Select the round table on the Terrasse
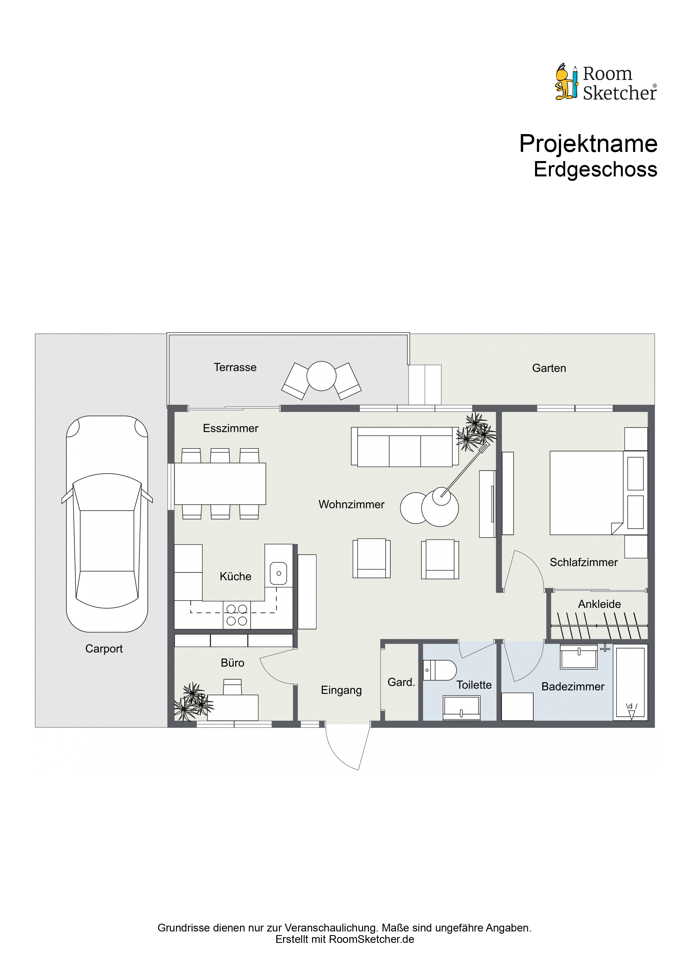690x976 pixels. pyautogui.click(x=321, y=376)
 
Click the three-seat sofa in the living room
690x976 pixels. pyautogui.click(x=405, y=447)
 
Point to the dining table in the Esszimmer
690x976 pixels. pyautogui.click(x=220, y=484)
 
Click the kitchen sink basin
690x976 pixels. pyautogui.click(x=279, y=573)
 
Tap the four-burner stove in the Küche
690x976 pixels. pyautogui.click(x=237, y=615)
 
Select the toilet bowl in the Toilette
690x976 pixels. pyautogui.click(x=440, y=670)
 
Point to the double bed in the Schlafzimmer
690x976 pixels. pyautogui.click(x=587, y=493)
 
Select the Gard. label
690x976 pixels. pyautogui.click(x=401, y=682)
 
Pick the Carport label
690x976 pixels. pyautogui.click(x=104, y=649)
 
